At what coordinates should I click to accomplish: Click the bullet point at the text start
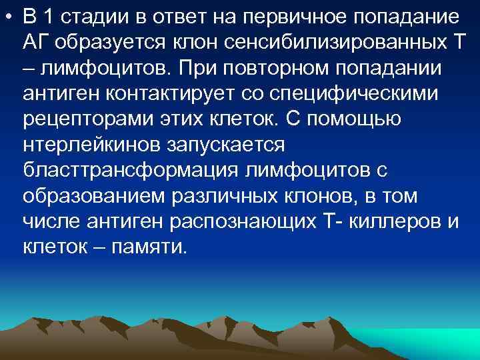tap(7, 15)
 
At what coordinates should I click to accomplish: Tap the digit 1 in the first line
tap(45, 15)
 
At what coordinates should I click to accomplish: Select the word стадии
tap(87, 15)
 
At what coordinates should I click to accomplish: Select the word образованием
tap(94, 196)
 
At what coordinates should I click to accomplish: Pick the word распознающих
tap(236, 222)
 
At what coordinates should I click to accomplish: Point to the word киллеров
tap(397, 222)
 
